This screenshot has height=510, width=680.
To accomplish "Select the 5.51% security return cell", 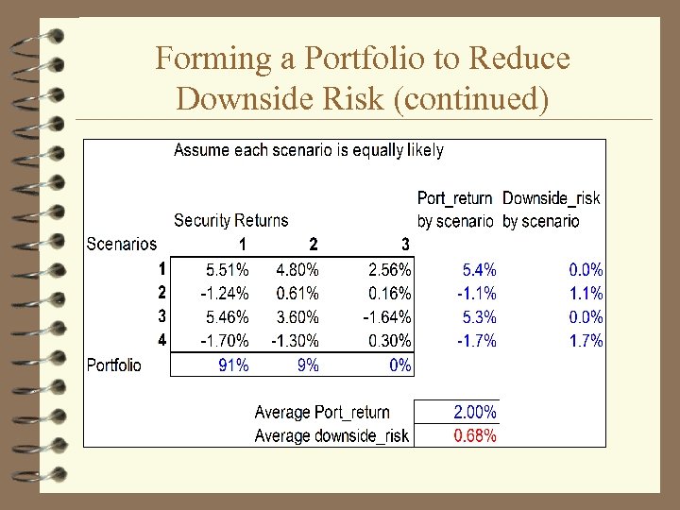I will [x=228, y=270].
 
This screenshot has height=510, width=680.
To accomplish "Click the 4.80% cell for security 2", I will [x=297, y=270].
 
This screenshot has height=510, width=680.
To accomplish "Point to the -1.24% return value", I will [x=226, y=294].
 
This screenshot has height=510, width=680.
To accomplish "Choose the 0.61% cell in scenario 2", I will [x=297, y=294].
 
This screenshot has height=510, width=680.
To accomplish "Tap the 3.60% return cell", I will [x=297, y=317].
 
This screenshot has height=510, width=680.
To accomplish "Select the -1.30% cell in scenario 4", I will [x=295, y=341].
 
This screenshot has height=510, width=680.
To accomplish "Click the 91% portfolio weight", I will [x=233, y=365].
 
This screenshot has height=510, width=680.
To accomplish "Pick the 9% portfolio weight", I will [x=307, y=365].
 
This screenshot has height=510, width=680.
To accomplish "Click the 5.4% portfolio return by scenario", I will [x=479, y=270].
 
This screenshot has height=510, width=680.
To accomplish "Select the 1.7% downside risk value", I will [x=586, y=341].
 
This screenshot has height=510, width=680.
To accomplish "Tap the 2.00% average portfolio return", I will [x=474, y=413].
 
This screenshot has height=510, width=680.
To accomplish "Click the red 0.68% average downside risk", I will [x=474, y=436].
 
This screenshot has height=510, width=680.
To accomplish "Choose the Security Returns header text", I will [x=230, y=221].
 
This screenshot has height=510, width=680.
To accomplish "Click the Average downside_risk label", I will [x=331, y=436].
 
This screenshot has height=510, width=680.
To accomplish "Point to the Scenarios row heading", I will [x=122, y=245].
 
